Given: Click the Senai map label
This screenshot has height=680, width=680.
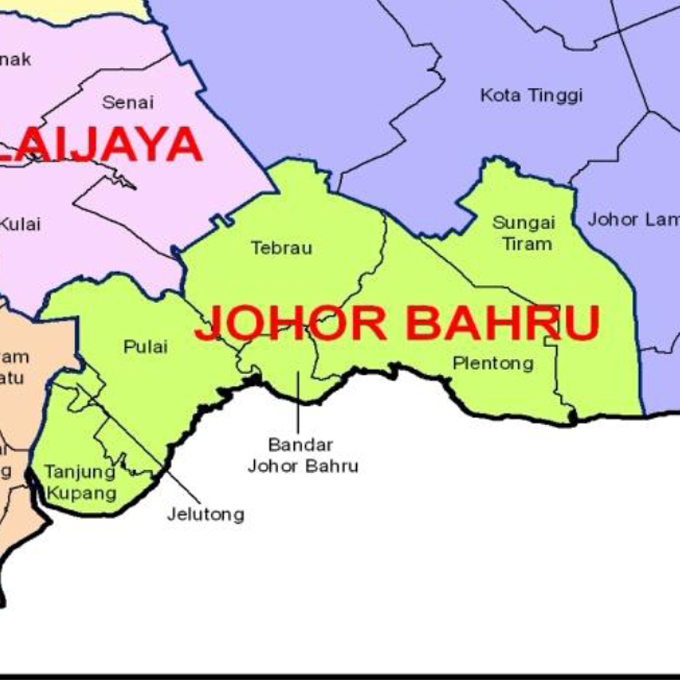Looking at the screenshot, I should coord(128,102).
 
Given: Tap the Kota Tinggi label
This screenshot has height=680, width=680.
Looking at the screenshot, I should coord(531,96).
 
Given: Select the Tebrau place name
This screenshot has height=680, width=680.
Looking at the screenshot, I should coord(282,248).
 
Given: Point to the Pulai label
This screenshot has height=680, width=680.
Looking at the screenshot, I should coord(146,347).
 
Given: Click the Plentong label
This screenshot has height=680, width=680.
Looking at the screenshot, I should coord(493,364).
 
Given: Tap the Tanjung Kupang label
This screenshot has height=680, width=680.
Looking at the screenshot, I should coord(81,482).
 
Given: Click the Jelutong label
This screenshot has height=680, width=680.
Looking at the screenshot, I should coord(206,515).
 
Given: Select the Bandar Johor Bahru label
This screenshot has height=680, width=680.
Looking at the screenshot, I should coord(302,455).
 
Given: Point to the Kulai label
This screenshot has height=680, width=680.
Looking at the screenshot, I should coord(20,224).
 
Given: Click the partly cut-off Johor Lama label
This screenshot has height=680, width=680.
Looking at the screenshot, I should coord(633,220).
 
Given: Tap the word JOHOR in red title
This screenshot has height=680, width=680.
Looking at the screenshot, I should coord(291,323).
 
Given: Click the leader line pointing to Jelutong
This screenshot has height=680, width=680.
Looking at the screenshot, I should coord(181,485).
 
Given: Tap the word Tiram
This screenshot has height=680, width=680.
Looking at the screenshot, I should coord(528,244).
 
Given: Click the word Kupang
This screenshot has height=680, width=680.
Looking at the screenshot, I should coord(82,493).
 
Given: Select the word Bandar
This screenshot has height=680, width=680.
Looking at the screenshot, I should coord(301,445).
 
